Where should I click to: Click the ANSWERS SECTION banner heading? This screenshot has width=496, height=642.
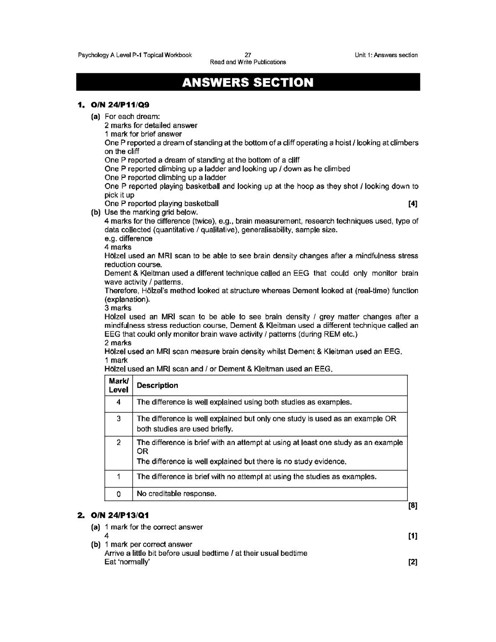248,83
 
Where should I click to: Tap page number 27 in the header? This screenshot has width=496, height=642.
248,55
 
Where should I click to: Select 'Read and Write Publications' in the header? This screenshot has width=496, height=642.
248,62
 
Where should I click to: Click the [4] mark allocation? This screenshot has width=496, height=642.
413,204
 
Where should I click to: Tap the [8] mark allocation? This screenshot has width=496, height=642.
413,506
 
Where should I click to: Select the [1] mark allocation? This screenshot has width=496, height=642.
413,536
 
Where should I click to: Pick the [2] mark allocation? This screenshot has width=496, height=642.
413,562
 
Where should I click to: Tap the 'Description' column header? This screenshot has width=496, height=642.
157,386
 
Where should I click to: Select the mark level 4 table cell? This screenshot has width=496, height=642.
119,403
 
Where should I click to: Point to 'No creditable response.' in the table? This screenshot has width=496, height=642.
176,494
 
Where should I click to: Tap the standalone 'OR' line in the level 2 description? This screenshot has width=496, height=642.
143,451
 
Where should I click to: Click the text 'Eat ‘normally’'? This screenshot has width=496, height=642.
127,562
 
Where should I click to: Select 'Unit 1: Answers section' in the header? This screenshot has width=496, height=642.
386,55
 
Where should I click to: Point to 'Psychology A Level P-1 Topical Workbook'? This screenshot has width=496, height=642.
135,55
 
